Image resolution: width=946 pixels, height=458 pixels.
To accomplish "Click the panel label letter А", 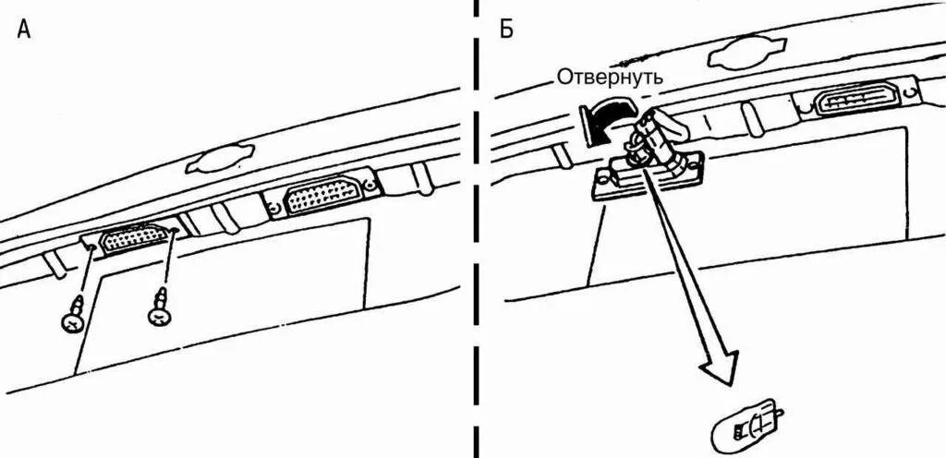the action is pos(25,30).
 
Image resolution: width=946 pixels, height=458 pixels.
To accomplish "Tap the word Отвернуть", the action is pos(609,78).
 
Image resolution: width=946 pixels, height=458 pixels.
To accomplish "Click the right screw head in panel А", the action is pos(160,316).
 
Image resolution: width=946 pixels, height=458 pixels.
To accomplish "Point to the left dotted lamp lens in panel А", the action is pos(134,238).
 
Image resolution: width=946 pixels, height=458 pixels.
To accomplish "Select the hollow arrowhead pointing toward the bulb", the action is pos(720,365).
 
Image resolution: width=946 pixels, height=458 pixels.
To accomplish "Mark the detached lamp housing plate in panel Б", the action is pos(647,178).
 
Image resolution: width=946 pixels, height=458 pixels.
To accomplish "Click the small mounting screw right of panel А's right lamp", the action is pos(371,185).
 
